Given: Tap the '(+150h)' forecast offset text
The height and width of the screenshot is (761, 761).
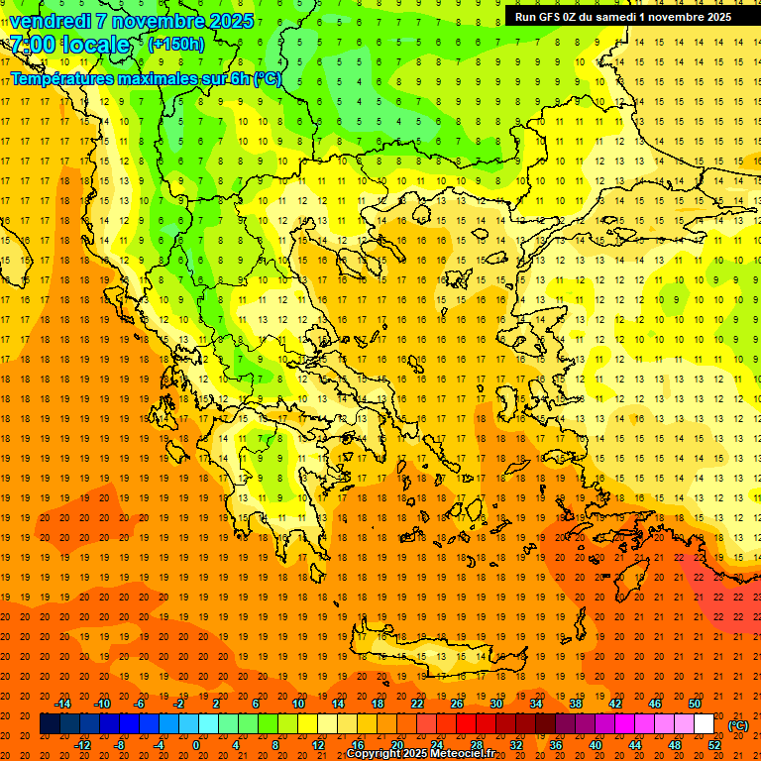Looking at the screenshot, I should click(176, 44).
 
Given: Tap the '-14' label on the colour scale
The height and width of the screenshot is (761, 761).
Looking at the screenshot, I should click(63, 704).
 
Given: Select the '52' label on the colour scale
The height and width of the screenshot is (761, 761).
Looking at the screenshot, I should click(713, 745).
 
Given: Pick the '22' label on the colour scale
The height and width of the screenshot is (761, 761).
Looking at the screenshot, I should click(416, 704).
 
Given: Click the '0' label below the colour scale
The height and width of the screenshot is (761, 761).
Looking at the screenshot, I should click(196, 745).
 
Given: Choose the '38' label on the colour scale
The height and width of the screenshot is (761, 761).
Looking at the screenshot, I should click(575, 704).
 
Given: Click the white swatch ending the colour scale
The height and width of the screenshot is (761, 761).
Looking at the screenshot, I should click(704, 724).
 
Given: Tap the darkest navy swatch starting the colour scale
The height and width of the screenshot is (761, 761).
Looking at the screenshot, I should click(50, 724).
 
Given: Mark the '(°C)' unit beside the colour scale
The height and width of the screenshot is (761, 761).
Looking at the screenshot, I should click(738, 725).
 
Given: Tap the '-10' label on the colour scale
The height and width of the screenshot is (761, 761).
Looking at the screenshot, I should click(102, 704).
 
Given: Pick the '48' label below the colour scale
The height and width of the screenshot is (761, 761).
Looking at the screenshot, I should click(674, 745).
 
